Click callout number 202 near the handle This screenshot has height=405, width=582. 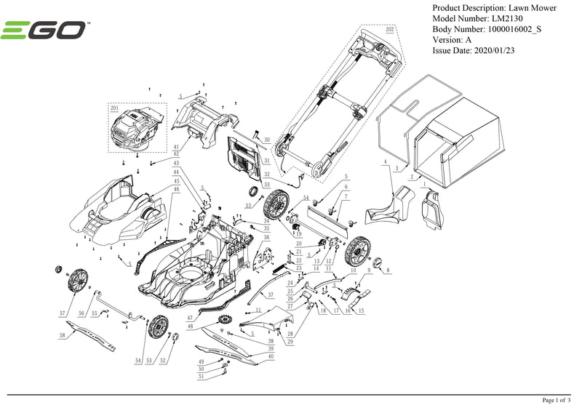pyautogui.click(x=389, y=30)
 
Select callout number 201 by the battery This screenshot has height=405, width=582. pyautogui.click(x=113, y=108)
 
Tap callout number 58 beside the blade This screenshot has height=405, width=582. pyautogui.click(x=63, y=335)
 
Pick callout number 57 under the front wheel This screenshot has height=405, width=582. pyautogui.click(x=63, y=313)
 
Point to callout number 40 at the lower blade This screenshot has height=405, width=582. pyautogui.click(x=271, y=356)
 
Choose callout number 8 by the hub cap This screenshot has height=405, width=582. pyautogui.click(x=388, y=270)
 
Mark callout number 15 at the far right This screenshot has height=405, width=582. pyautogui.click(x=361, y=310)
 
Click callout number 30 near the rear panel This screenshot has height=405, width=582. pyautogui.click(x=266, y=140)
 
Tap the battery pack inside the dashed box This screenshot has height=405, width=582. pyautogui.click(x=135, y=129)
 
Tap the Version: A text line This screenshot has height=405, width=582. pyautogui.click(x=452, y=40)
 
